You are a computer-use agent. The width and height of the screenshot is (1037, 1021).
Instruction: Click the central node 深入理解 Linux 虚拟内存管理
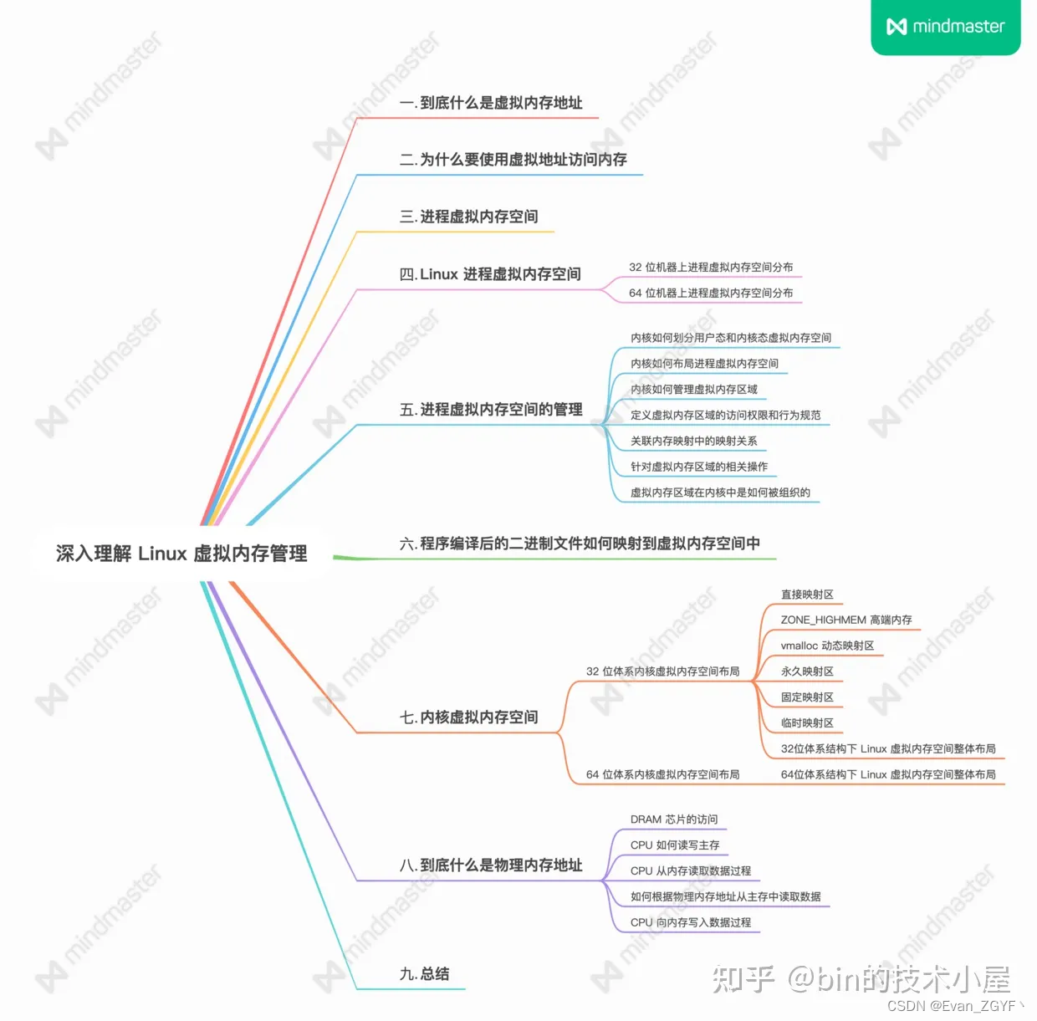(181, 554)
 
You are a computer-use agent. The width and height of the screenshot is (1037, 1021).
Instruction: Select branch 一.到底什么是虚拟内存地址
(491, 103)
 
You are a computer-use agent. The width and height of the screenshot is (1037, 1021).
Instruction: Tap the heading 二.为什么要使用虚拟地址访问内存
(513, 160)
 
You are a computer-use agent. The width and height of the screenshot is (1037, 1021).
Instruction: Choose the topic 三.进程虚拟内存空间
(469, 217)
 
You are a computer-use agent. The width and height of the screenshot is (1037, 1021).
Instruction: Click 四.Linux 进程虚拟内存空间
(490, 274)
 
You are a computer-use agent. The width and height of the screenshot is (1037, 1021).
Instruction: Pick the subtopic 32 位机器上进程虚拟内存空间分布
(711, 268)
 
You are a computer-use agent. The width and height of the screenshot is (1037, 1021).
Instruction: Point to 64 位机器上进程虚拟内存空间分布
(711, 294)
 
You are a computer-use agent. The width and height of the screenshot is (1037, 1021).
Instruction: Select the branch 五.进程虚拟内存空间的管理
(491, 410)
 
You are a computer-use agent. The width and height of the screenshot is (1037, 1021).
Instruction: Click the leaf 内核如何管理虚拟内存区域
(694, 390)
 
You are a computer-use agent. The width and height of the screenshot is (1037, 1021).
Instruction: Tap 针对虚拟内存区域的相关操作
(699, 467)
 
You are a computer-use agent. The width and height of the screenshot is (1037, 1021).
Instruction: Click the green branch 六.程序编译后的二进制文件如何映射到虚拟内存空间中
(580, 544)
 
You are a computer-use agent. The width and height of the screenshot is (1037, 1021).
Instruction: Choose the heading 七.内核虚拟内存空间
(469, 717)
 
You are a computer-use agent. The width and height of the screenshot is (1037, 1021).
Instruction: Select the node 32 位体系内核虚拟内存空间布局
(662, 671)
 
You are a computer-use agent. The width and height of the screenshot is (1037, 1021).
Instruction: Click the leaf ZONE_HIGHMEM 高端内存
(846, 620)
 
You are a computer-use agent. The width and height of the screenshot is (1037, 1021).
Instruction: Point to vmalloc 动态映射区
(827, 646)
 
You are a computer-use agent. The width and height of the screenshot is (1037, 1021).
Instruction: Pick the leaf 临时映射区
(807, 723)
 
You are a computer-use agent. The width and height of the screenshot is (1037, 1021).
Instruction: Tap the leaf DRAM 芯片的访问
(674, 819)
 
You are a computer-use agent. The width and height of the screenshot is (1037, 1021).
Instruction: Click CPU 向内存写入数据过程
(691, 922)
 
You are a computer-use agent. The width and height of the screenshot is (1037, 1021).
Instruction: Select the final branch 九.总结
(425, 974)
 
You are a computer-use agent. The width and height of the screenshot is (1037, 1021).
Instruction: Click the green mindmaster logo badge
(945, 27)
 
